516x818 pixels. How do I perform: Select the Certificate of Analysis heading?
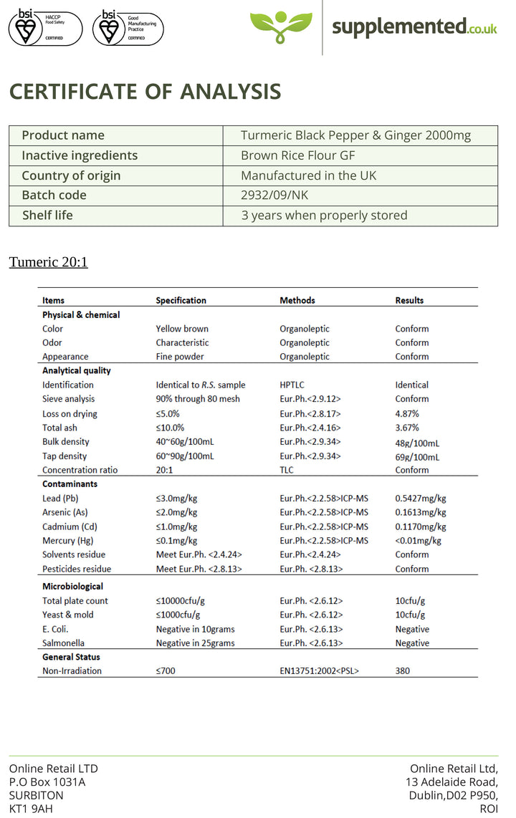(x=145, y=92)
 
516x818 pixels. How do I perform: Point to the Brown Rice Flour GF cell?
(x=298, y=155)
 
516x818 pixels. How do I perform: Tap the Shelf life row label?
(x=47, y=215)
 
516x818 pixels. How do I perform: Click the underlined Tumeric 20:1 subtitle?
(x=48, y=262)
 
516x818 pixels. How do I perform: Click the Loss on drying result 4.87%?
(x=407, y=413)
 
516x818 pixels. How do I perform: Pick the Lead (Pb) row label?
(x=60, y=498)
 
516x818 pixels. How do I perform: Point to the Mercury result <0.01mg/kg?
(x=419, y=541)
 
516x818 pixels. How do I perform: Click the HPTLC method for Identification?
(x=292, y=385)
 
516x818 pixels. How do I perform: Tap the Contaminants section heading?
(x=70, y=483)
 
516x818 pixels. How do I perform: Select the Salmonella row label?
(x=63, y=643)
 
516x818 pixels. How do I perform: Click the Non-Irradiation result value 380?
(x=403, y=671)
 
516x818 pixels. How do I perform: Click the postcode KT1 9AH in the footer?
(x=31, y=809)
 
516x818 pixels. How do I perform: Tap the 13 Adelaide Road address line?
(x=451, y=782)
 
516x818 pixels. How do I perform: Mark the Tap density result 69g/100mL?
(x=418, y=456)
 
